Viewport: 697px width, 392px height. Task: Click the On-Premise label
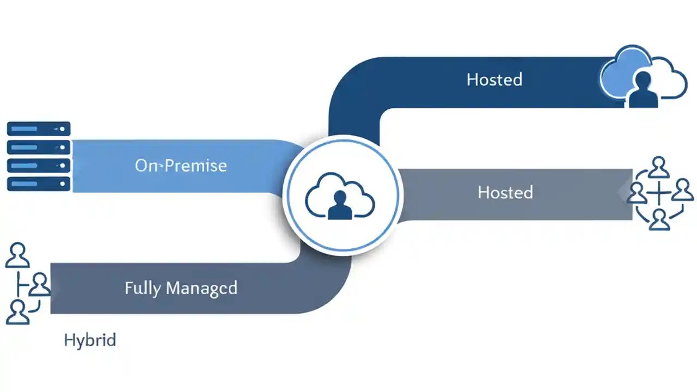tap(181, 166)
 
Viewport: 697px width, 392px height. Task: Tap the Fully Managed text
tap(181, 287)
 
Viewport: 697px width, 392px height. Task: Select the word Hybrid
tap(90, 341)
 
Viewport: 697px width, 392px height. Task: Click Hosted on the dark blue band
tap(494, 79)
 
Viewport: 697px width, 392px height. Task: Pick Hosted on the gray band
tap(505, 192)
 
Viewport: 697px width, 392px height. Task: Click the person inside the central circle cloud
tap(340, 205)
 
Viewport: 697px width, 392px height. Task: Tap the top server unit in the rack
tap(39, 129)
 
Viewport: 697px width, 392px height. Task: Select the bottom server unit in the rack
tap(39, 183)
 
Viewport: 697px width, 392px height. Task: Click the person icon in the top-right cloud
tap(643, 90)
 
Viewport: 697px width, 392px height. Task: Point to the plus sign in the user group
tap(659, 193)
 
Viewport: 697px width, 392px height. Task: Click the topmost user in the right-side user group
tap(659, 167)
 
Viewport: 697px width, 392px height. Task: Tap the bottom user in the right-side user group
tap(659, 220)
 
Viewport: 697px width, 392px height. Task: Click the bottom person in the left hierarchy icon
tap(17, 312)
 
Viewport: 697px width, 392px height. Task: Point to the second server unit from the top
tap(39, 147)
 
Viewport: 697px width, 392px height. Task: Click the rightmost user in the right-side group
tap(682, 192)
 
